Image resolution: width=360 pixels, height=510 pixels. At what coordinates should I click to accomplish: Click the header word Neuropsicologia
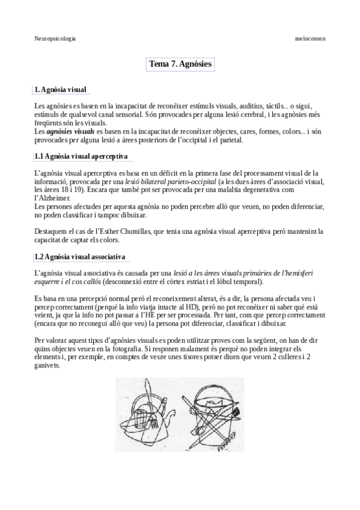[x=55, y=38]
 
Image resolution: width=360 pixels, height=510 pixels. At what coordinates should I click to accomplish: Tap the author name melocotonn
[x=310, y=38]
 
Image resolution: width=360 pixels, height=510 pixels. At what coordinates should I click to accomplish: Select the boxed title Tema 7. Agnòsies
[x=180, y=64]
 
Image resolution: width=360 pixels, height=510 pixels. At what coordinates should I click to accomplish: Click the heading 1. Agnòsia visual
[x=61, y=90]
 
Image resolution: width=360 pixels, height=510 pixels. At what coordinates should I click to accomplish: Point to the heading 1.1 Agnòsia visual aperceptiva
[x=81, y=156]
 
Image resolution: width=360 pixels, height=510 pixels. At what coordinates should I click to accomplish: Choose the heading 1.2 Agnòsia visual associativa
[x=80, y=257]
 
